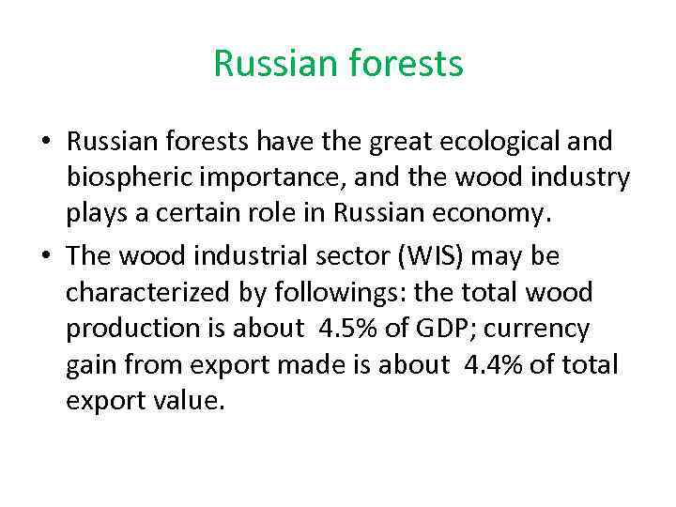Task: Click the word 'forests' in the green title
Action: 408,65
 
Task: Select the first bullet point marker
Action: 45,142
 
